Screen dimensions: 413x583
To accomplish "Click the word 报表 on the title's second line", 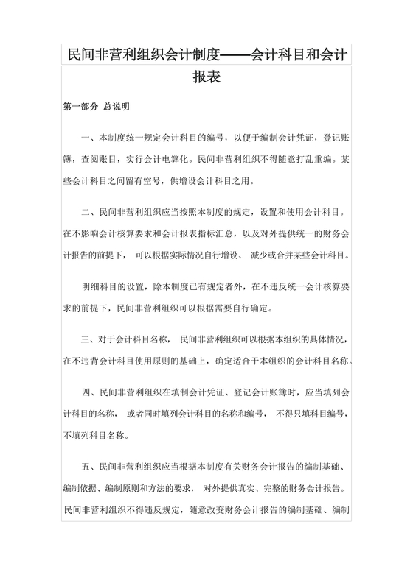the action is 206,76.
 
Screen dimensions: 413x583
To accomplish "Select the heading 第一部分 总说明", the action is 97,107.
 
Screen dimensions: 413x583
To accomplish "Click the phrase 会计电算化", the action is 166,158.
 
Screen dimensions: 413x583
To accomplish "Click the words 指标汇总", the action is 219,234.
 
